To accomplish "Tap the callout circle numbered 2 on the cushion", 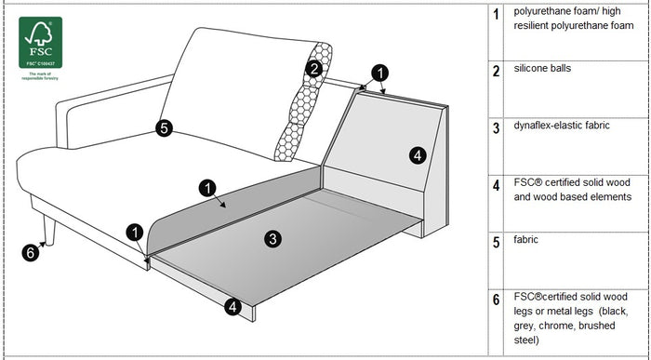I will (315, 68).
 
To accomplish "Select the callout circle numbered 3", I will (272, 239).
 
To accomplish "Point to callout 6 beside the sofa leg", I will (30, 251).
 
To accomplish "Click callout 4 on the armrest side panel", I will (418, 154).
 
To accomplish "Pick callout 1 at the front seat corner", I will (137, 231).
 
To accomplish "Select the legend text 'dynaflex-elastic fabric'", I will (561, 126).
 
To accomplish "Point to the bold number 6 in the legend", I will (497, 300).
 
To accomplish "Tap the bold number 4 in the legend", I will (497, 185).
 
